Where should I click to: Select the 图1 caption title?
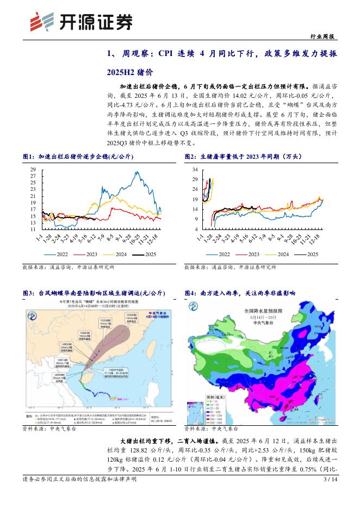tap(78, 157)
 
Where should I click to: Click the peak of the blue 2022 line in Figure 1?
tap(135, 172)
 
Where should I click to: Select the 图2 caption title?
tap(243, 157)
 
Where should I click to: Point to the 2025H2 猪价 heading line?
tap(131, 71)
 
